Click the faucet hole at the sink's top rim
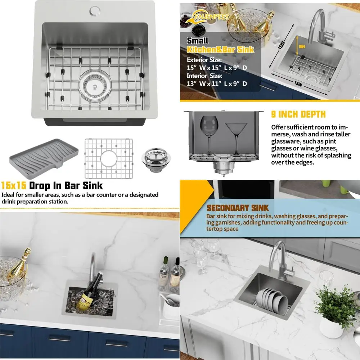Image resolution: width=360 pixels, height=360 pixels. click(96, 10)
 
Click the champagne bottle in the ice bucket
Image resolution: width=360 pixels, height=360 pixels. click(20, 265)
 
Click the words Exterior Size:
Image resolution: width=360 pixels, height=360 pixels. click(204, 59)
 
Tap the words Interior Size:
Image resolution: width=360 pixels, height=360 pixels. click(204, 76)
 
